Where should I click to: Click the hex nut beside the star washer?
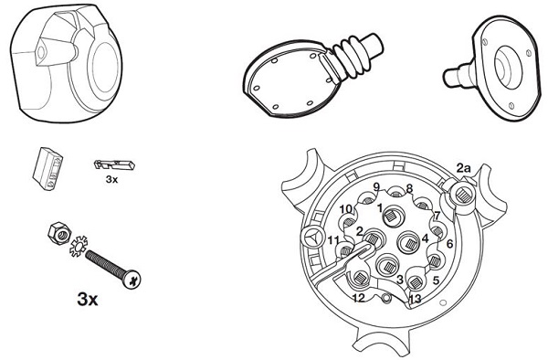click(x=59, y=232)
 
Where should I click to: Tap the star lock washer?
click(x=79, y=246)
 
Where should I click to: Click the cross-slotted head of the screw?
click(x=132, y=279)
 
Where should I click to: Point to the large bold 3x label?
click(x=88, y=299)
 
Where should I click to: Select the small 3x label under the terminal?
click(x=111, y=179)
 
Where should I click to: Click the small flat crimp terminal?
click(x=114, y=164)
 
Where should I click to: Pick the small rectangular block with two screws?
click(x=47, y=168)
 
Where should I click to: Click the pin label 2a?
click(x=464, y=168)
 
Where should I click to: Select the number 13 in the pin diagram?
click(x=416, y=299)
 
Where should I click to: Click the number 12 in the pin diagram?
click(x=359, y=298)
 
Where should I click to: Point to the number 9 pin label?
click(x=376, y=187)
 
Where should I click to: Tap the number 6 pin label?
click(x=449, y=244)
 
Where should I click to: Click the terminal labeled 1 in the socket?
click(x=393, y=217)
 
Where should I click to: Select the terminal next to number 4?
click(x=409, y=242)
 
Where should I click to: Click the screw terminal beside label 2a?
click(x=462, y=194)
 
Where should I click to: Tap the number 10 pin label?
click(x=346, y=209)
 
